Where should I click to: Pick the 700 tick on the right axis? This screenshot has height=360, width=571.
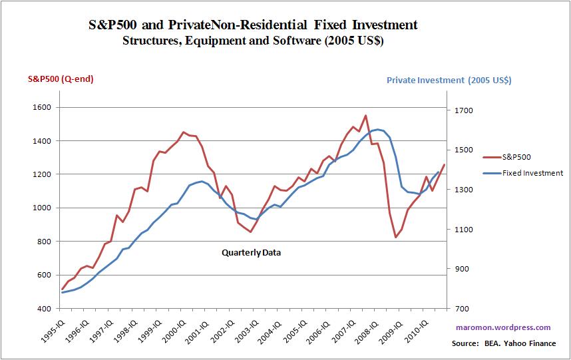click(x=458, y=309)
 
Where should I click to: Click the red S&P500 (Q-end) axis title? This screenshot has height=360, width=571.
click(x=61, y=79)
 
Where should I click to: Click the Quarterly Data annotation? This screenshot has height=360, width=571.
click(x=251, y=253)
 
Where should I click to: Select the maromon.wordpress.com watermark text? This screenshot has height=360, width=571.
click(x=503, y=327)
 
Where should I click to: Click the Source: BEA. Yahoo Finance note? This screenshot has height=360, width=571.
click(x=503, y=343)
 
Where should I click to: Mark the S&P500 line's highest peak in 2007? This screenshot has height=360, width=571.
click(x=365, y=116)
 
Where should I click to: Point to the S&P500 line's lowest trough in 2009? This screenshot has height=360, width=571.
click(x=395, y=237)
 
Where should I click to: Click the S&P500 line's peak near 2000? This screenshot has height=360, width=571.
click(x=184, y=132)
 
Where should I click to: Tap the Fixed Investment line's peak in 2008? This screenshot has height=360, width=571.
click(x=377, y=129)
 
